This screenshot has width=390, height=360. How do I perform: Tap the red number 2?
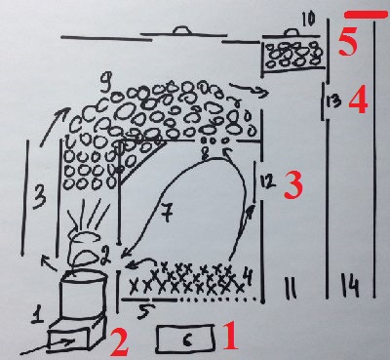click(x=119, y=342)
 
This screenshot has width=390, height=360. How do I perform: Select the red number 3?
click(x=293, y=185)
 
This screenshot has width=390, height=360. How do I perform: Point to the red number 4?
click(x=359, y=101)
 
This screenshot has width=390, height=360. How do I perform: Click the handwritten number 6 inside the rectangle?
click(x=186, y=340)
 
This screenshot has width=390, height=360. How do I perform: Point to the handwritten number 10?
click(x=308, y=20)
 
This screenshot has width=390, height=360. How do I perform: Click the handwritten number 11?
click(x=291, y=288)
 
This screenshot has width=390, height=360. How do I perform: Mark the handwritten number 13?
click(x=333, y=102)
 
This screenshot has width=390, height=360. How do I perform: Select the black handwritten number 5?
click(x=143, y=312)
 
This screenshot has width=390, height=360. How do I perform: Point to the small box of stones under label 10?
click(x=294, y=55)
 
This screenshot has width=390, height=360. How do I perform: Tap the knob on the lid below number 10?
click(x=292, y=32)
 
